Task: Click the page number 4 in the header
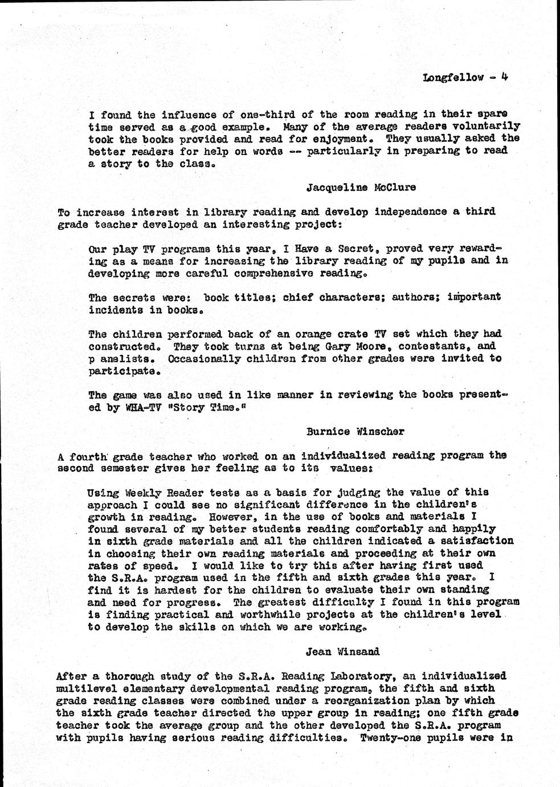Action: (x=504, y=77)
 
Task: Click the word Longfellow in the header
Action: (x=453, y=78)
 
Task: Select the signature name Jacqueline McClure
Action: (x=361, y=187)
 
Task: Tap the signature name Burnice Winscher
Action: (x=355, y=431)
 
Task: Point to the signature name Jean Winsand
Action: (x=342, y=651)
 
